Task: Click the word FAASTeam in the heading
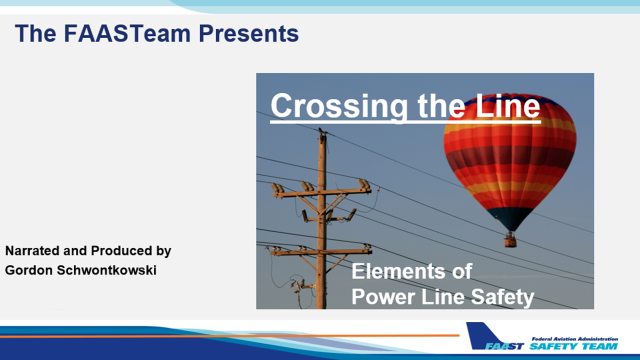pyautogui.click(x=127, y=33)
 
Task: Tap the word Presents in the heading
pyautogui.click(x=248, y=33)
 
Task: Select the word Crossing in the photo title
pyautogui.click(x=339, y=106)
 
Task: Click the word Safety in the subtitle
pyautogui.click(x=502, y=297)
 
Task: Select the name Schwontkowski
pyautogui.click(x=106, y=270)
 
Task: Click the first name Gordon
pyautogui.click(x=29, y=270)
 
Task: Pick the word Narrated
pyautogui.click(x=32, y=250)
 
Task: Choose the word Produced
pyautogui.click(x=121, y=250)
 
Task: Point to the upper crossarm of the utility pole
pyautogui.click(x=322, y=193)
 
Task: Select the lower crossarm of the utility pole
pyautogui.click(x=321, y=251)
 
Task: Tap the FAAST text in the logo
pyautogui.click(x=504, y=346)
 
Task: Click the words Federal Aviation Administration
pyautogui.click(x=575, y=339)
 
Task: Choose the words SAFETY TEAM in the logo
pyautogui.click(x=573, y=346)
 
